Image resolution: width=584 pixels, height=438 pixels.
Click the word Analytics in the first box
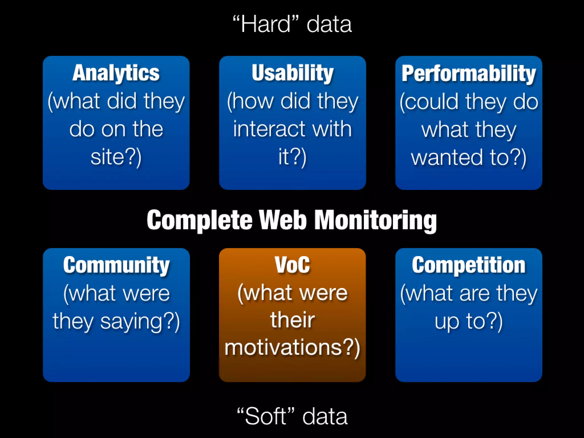(x=116, y=73)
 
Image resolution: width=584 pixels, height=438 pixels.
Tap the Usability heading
(x=292, y=73)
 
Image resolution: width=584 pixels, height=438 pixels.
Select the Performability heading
(x=469, y=74)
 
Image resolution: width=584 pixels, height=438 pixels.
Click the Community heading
(x=116, y=265)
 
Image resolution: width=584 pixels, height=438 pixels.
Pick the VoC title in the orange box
(x=292, y=265)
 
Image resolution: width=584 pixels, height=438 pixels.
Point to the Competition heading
(x=469, y=265)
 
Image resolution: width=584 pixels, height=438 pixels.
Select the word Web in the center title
(x=283, y=220)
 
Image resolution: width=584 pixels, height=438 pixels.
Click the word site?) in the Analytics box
(x=116, y=157)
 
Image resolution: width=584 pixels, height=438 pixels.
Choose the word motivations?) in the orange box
(x=292, y=348)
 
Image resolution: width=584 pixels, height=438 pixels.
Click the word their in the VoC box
(x=292, y=320)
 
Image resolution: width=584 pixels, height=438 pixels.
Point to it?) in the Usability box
(x=292, y=157)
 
